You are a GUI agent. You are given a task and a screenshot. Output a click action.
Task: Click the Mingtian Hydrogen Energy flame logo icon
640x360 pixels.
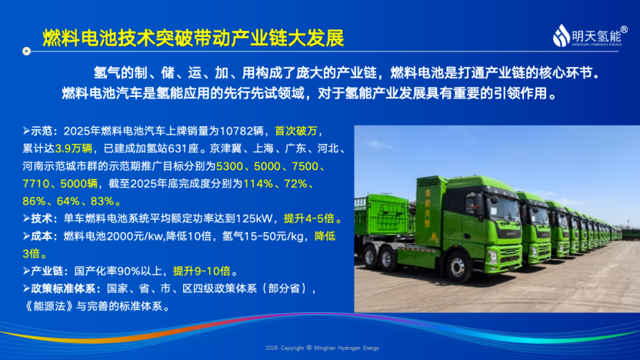coord(562,35)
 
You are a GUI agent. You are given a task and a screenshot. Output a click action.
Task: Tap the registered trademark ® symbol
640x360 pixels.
coord(624,29)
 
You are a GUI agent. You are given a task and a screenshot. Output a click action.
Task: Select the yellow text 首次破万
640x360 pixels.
coord(296,131)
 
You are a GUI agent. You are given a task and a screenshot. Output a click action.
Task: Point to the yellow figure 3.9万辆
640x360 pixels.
coord(74,148)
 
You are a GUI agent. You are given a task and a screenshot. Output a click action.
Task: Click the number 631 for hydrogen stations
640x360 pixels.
coord(178,148)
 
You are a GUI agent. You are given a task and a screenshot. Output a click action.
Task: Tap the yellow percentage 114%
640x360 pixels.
coord(258,184)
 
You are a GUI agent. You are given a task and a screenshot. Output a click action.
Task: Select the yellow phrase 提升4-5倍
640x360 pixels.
coord(309,218)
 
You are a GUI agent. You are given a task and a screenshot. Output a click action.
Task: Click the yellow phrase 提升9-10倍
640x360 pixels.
coord(202,271)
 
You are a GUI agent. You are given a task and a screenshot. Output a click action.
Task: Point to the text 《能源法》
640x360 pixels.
coord(49,306)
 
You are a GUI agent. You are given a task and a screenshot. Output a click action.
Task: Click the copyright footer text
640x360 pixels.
coord(322,348)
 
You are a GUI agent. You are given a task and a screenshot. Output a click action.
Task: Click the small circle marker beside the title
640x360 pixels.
coord(26,51)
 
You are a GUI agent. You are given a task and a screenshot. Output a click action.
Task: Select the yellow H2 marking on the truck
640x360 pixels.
coord(435,237)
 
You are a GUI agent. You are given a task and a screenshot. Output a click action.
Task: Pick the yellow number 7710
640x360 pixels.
coord(36,184)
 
